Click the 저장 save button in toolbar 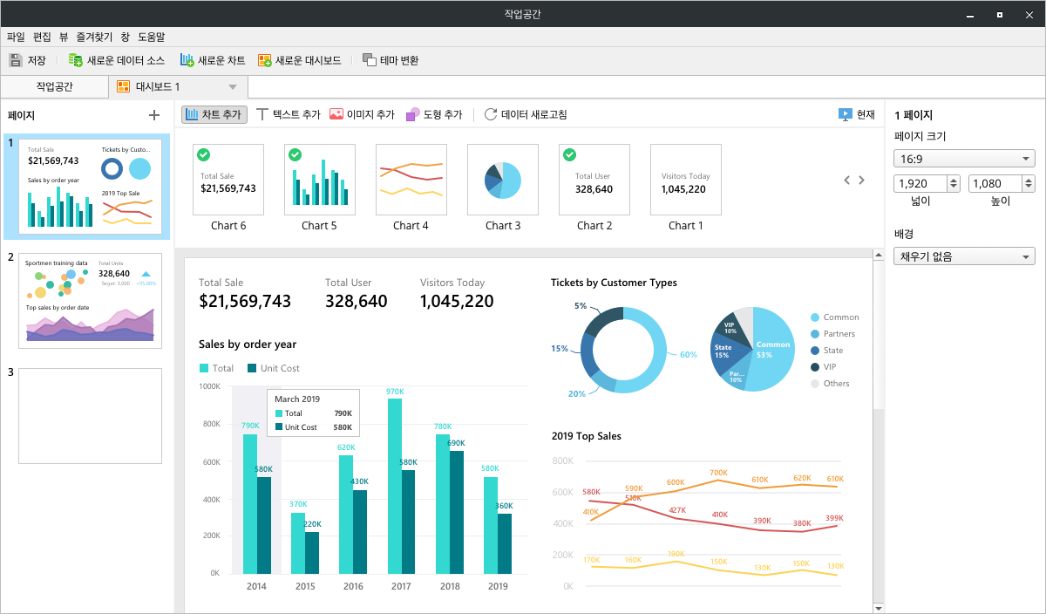point(27,60)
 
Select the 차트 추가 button point(214,114)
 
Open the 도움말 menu point(152,37)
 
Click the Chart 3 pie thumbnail point(503,180)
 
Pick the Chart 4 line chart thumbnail point(411,180)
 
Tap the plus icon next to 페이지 point(154,115)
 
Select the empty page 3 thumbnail point(90,415)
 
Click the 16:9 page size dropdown point(964,159)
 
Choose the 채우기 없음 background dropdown point(964,256)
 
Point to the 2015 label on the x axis point(305,587)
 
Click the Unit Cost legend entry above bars point(274,368)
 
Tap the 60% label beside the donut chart point(689,355)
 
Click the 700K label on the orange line point(718,473)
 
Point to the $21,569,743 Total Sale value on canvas point(245,302)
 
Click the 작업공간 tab point(55,86)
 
